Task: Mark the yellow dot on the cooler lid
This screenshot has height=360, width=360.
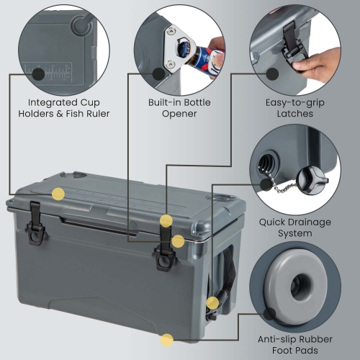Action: pyautogui.click(x=58, y=194)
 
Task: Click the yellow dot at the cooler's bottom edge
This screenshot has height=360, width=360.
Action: pyautogui.click(x=167, y=339)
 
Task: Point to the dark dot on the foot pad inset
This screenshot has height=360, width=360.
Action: pyautogui.click(x=270, y=313)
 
